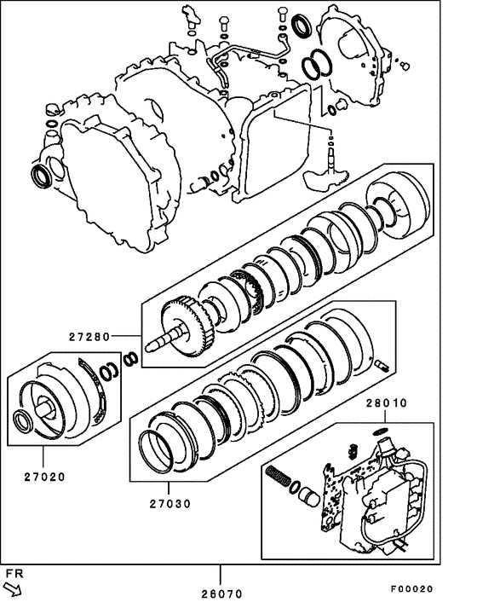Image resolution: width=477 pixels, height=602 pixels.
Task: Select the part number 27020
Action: tap(43, 476)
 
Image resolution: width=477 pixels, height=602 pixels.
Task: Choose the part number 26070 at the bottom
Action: tap(221, 593)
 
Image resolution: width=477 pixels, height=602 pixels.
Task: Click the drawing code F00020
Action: tap(412, 589)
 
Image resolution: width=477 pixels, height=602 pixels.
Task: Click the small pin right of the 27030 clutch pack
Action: tap(382, 367)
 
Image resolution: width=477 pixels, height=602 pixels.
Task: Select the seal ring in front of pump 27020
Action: tap(26, 421)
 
